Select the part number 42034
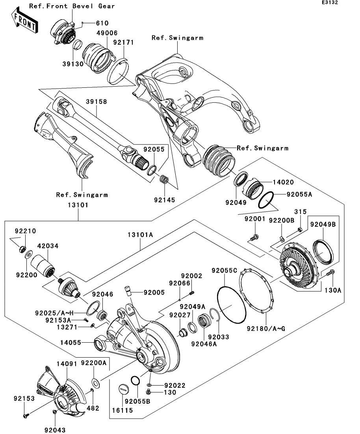pyautogui.click(x=48, y=246)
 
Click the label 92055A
pyautogui.click(x=299, y=194)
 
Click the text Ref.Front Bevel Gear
pyautogui.click(x=72, y=6)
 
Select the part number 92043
pyautogui.click(x=55, y=430)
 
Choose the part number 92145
pyautogui.click(x=165, y=199)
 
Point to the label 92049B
pyautogui.click(x=323, y=225)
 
